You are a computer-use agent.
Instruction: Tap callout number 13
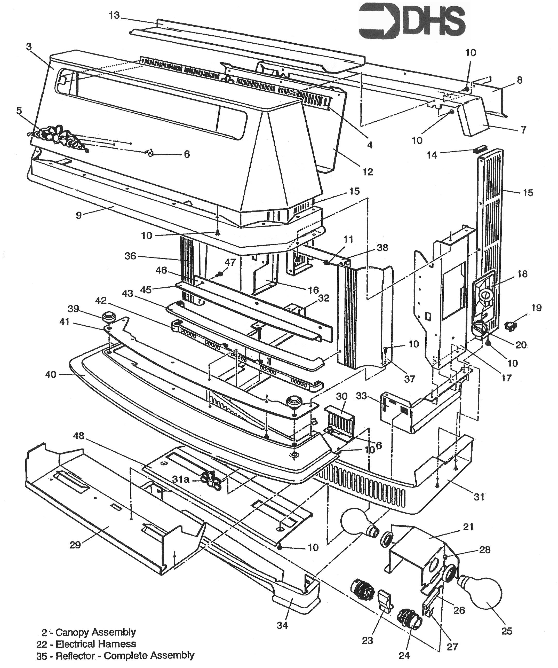click(114, 15)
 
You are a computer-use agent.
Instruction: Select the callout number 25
click(506, 631)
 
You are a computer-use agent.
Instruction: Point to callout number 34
click(282, 625)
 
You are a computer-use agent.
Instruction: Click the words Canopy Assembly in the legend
click(96, 632)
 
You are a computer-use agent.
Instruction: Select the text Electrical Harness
click(96, 644)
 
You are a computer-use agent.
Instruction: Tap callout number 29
click(75, 545)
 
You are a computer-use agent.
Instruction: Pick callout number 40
click(51, 374)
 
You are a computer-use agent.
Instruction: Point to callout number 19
click(536, 308)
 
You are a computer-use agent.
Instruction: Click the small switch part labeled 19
click(511, 325)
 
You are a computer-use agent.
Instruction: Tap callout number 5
click(19, 111)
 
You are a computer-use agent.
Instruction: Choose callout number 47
click(230, 262)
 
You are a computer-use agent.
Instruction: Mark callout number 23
click(367, 640)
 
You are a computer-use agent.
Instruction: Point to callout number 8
click(520, 80)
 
